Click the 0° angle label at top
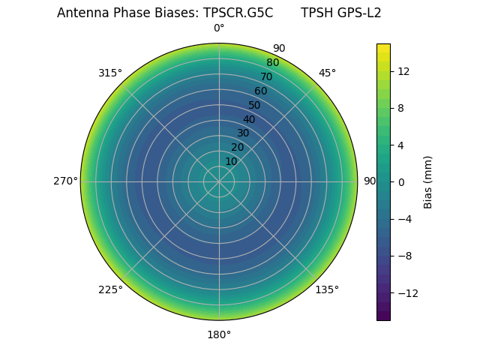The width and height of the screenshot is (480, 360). tap(219, 28)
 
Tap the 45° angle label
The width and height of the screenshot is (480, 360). tap(327, 73)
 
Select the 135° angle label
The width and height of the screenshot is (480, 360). tap(327, 289)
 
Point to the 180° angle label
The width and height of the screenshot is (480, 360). tap(219, 334)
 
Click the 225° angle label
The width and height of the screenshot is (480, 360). tap(110, 289)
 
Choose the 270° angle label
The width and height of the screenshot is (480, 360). tap(65, 181)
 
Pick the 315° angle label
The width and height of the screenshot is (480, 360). tap(110, 73)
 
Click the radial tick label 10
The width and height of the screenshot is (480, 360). tap(231, 161)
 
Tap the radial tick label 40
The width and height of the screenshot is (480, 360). tap(249, 119)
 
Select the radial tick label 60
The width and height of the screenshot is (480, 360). tap(260, 91)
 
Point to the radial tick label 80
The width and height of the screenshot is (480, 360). tap(272, 63)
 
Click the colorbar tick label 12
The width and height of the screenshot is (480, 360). tap(403, 71)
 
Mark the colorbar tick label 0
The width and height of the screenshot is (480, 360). tap(400, 182)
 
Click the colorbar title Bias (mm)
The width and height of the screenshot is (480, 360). tap(428, 182)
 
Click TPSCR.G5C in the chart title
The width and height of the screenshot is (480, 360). tap(238, 13)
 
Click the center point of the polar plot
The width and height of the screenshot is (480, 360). tap(219, 181)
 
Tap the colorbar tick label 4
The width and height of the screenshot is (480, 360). tap(400, 145)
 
